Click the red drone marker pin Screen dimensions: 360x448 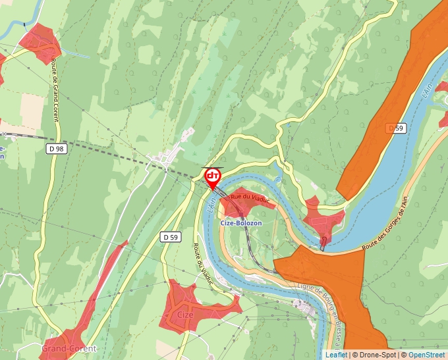tap(213, 177)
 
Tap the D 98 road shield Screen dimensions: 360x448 tap(57, 149)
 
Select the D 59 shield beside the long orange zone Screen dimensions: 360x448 tap(395, 128)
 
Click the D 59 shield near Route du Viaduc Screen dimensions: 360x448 tap(170, 237)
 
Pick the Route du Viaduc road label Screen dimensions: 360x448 tap(203, 261)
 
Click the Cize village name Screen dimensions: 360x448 tap(185, 315)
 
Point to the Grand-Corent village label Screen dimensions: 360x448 tap(69, 348)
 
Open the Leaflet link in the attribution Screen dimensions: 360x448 tap(336, 355)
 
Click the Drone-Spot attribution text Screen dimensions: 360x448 tap(376, 355)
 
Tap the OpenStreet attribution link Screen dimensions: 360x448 tap(427, 355)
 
